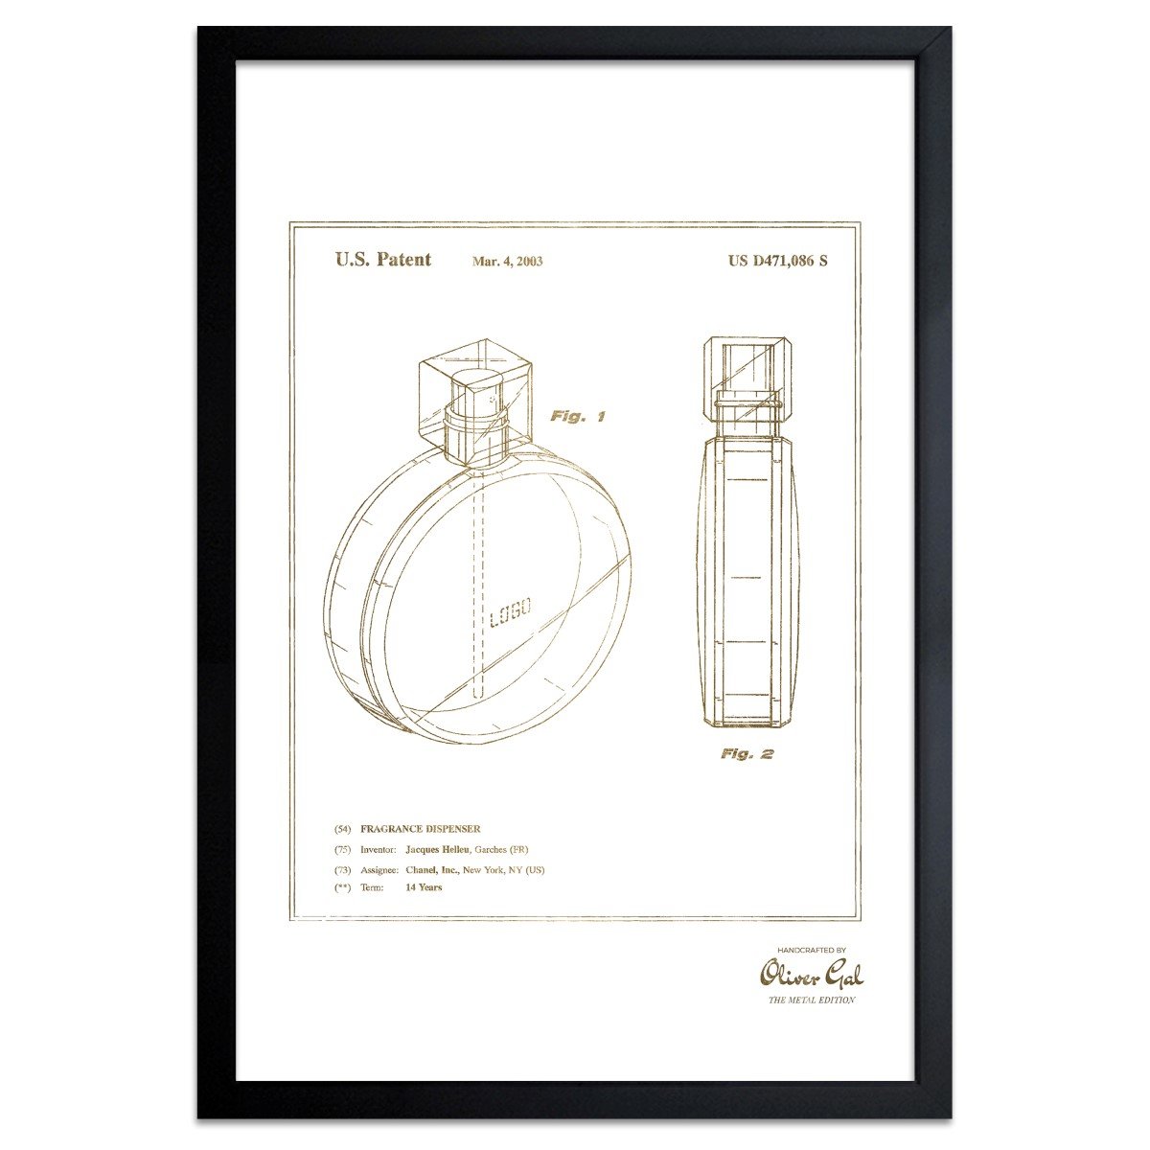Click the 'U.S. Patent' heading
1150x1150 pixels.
[382, 260]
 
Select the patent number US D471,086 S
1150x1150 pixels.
[777, 261]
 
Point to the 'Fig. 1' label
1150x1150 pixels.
[577, 417]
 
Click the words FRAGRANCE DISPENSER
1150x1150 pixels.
[420, 829]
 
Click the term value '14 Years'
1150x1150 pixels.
[424, 888]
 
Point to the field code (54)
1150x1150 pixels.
[342, 829]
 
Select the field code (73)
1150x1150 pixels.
[342, 870]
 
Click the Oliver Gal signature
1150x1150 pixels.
[811, 975]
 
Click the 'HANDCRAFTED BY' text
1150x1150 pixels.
[811, 951]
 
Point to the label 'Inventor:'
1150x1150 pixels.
[378, 850]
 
